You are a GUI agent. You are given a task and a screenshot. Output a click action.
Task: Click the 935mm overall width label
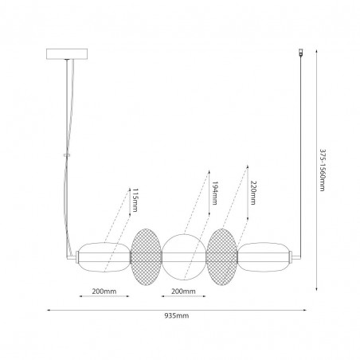point(177,315)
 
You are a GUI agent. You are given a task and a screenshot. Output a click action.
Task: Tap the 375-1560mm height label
point(322,170)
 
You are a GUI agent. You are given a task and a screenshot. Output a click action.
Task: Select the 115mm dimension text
point(135,200)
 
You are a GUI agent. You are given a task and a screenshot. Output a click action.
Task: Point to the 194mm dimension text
point(214,194)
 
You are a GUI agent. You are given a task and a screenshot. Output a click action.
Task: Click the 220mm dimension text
point(253,193)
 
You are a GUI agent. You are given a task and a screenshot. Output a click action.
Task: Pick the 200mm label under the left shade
point(104,292)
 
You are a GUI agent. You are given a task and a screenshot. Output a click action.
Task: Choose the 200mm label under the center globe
point(183,292)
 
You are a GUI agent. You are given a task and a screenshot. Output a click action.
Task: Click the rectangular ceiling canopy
point(67,54)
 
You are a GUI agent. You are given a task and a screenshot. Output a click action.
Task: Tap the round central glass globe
point(184,257)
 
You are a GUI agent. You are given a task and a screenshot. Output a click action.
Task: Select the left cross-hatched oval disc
point(146,257)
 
